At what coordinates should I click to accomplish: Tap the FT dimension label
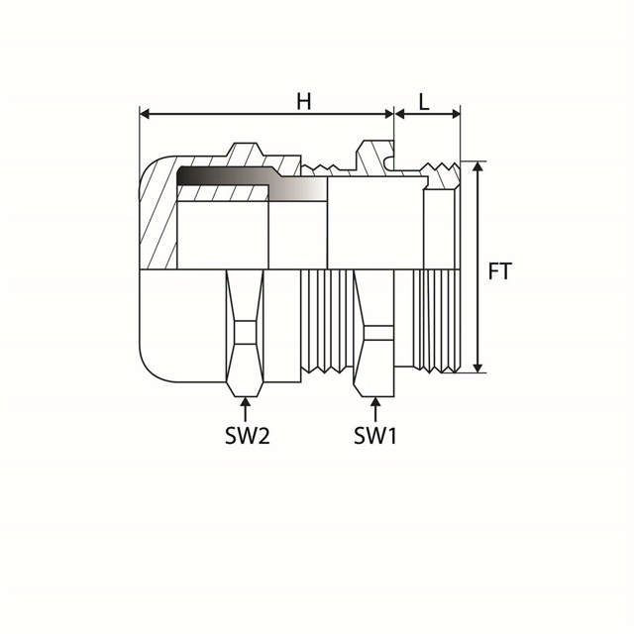point(500,269)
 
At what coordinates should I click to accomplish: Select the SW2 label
point(246,435)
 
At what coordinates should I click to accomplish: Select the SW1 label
point(375,435)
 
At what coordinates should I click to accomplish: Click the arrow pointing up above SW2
point(246,406)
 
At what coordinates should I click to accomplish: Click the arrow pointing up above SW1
point(375,406)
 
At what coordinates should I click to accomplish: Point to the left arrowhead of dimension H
point(145,114)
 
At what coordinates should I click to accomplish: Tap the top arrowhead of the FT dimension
point(478,167)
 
